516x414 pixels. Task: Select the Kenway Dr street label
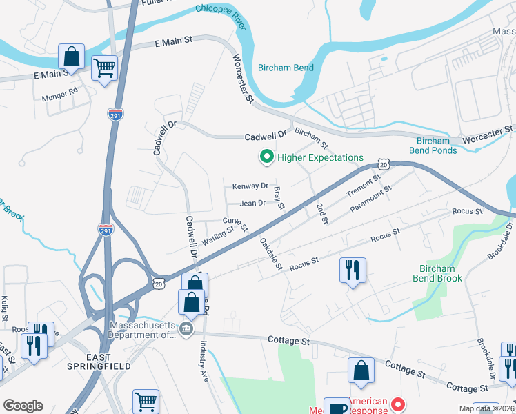(x=250, y=186)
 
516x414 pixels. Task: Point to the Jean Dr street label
(x=252, y=204)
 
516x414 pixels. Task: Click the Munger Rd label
(x=59, y=90)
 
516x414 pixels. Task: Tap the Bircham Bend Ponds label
(x=433, y=146)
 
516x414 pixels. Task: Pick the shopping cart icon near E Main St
(x=104, y=69)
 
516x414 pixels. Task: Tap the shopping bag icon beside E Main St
(x=72, y=56)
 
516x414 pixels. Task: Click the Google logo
(x=23, y=405)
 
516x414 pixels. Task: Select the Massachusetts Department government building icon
(x=186, y=330)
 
